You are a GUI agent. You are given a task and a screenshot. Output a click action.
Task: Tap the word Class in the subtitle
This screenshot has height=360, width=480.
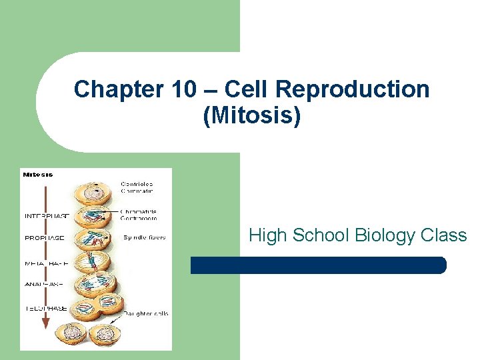click(444, 235)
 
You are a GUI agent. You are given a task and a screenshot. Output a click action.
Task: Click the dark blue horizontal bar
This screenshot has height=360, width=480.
click(318, 265)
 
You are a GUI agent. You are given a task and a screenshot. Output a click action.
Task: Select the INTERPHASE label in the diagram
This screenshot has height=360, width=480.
click(47, 216)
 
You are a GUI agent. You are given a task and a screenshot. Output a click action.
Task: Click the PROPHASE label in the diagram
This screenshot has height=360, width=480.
click(44, 237)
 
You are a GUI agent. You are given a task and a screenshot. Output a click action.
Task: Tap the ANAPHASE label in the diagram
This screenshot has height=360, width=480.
click(44, 284)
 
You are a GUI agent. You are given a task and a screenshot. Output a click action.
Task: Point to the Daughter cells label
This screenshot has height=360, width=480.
click(145, 313)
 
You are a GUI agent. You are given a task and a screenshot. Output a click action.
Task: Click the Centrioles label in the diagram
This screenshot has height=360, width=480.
click(137, 183)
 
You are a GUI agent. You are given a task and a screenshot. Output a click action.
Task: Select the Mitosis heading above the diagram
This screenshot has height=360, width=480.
click(38, 175)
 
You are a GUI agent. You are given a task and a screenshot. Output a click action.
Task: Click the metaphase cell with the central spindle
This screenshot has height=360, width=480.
click(95, 263)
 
